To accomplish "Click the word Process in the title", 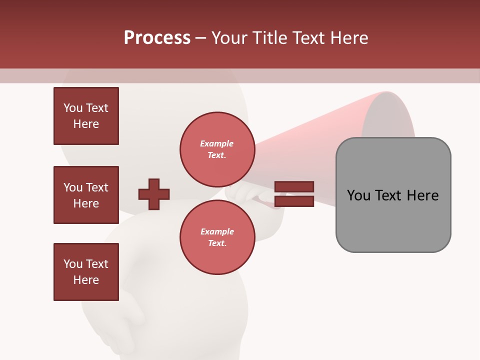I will click(x=157, y=38).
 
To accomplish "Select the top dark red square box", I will click(x=86, y=116).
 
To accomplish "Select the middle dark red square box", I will click(x=86, y=195).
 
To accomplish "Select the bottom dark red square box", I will click(x=86, y=272).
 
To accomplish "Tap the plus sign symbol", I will click(x=154, y=194).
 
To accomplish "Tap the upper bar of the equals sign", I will click(x=294, y=186).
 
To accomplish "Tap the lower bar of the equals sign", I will click(x=294, y=201).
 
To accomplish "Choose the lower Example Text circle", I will click(x=217, y=237).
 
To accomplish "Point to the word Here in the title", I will click(x=348, y=38).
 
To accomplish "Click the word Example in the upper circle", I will click(x=217, y=143).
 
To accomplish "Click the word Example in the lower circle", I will click(x=217, y=231).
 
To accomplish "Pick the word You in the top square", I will click(x=72, y=108).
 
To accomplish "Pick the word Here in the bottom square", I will click(x=86, y=280).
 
